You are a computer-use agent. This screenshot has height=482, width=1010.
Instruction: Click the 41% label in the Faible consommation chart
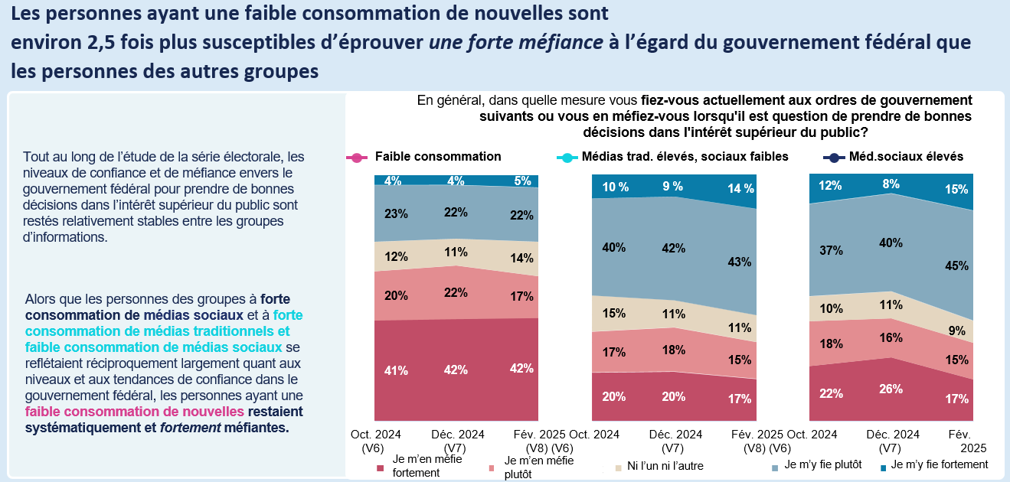pos(396,370)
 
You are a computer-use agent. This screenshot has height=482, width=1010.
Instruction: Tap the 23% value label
pos(396,215)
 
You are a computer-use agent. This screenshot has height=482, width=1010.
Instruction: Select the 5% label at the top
pos(523,181)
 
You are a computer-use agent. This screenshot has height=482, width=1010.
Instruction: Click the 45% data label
pos(957,266)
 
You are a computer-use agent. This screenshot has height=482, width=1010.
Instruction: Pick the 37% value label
pos(831,250)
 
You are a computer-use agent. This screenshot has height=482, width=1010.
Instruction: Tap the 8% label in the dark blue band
pos(891,184)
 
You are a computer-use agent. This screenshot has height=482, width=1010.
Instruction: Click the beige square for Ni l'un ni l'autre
pos(617,467)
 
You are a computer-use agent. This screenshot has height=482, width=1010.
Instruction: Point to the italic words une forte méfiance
pos(516,42)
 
